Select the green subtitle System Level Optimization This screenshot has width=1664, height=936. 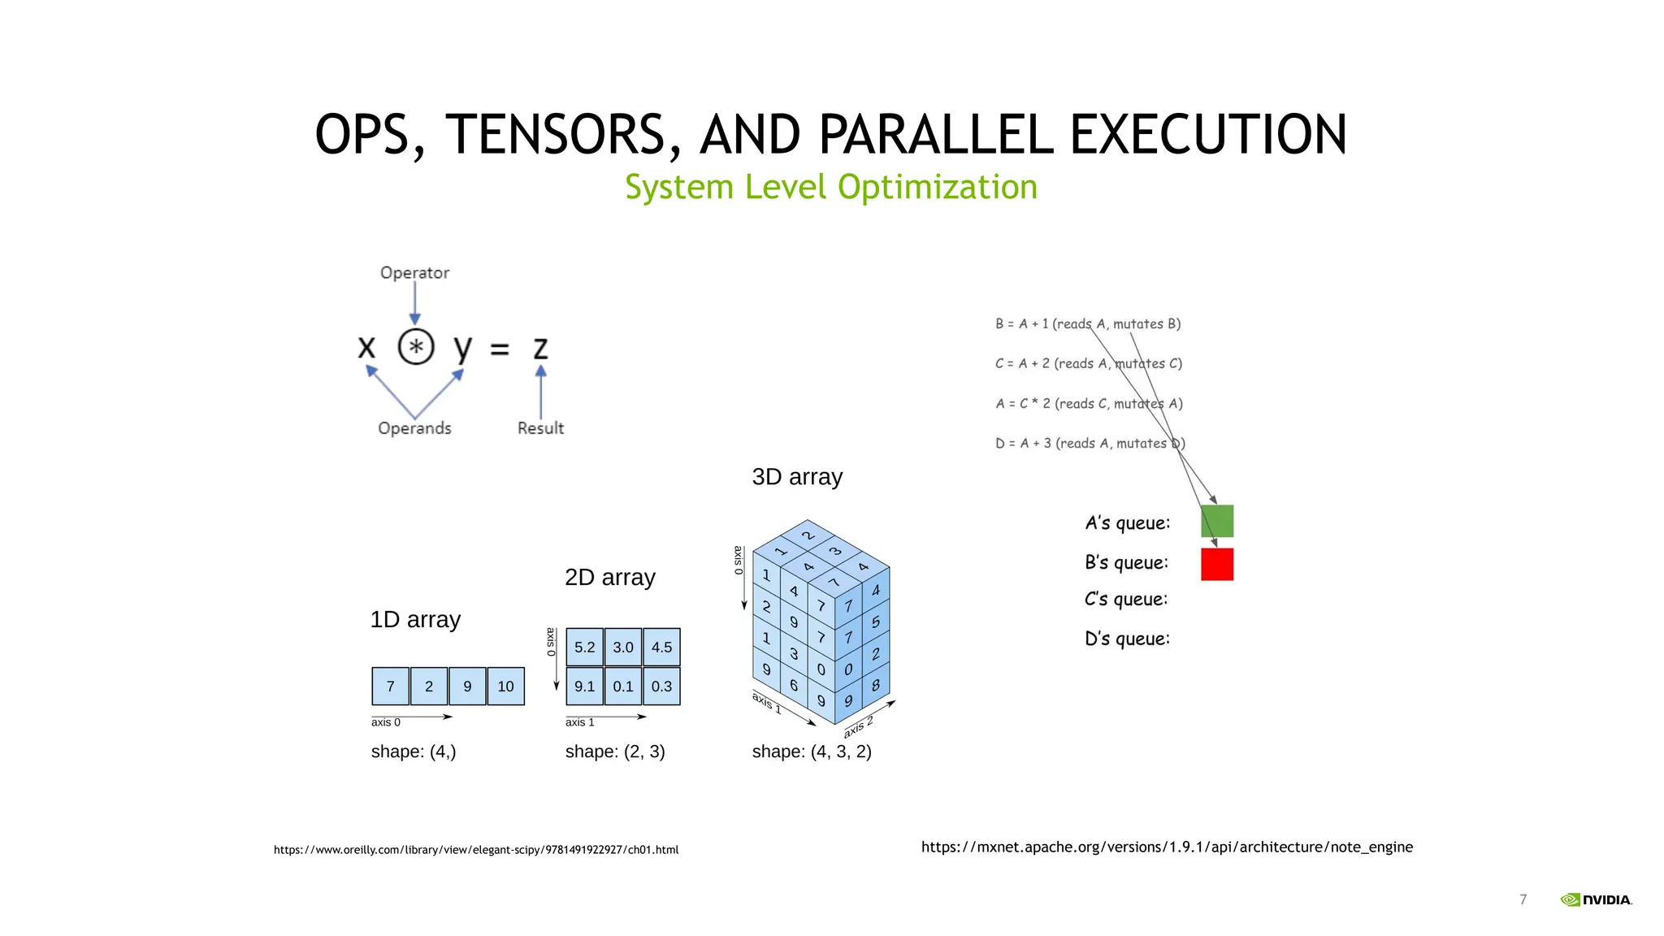coord(830,187)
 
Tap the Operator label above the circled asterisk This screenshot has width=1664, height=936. coord(414,273)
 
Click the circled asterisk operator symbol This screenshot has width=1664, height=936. coord(416,348)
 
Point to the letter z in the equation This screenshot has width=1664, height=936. coord(540,349)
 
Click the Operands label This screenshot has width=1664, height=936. coord(414,428)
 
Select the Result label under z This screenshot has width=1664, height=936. coord(540,428)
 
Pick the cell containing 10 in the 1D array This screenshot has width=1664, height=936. coord(505,687)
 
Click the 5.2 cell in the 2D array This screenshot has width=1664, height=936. coord(584,648)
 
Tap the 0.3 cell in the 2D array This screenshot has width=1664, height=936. coord(661,687)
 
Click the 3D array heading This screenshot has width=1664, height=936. coord(797,477)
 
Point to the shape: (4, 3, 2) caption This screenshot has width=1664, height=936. coord(812,752)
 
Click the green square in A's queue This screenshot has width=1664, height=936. coord(1217,521)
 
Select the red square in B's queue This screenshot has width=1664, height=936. coord(1217,564)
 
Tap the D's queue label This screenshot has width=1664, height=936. coord(1127,639)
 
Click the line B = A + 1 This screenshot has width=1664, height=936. coord(1088,324)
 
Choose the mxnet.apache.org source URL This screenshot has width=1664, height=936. coord(1167,847)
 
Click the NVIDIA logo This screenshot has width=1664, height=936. coord(1596,899)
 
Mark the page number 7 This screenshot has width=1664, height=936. coord(1523,899)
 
